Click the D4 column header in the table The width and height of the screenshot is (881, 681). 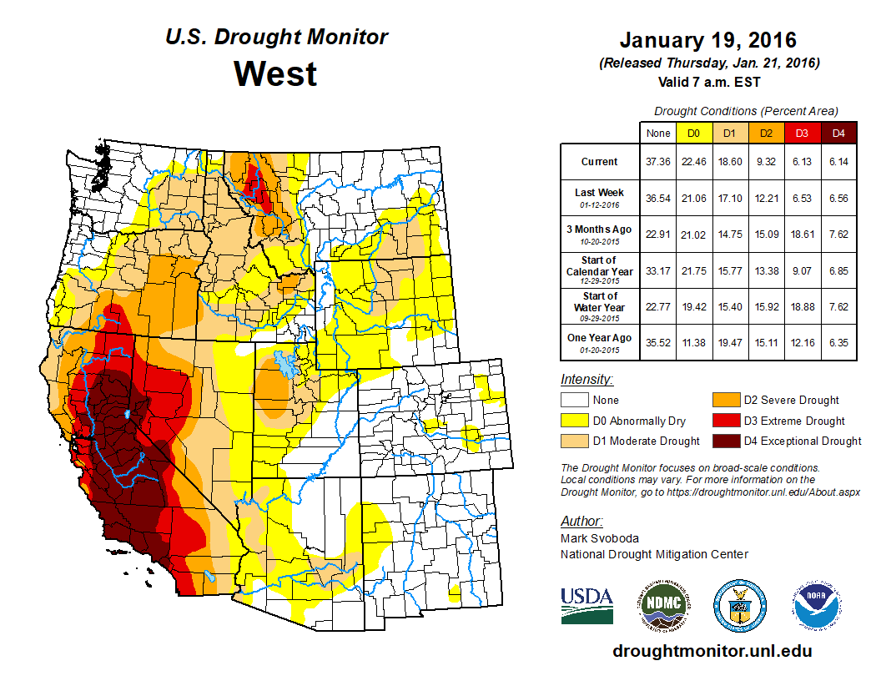coord(838,133)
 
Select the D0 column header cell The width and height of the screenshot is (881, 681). coord(693,133)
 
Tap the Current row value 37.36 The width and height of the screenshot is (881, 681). coord(657,162)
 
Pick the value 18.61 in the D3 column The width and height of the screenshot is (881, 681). coord(803,235)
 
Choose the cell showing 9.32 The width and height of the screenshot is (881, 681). coord(767,162)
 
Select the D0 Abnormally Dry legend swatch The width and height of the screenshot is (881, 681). coord(575,421)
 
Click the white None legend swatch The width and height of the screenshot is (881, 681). coord(575,401)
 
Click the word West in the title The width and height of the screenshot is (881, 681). coord(275,73)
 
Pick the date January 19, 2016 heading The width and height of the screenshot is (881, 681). coord(708,40)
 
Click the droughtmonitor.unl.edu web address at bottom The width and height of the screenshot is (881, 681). coord(712,651)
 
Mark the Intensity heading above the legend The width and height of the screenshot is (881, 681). coord(586,380)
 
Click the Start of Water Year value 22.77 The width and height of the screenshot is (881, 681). coord(657,306)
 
